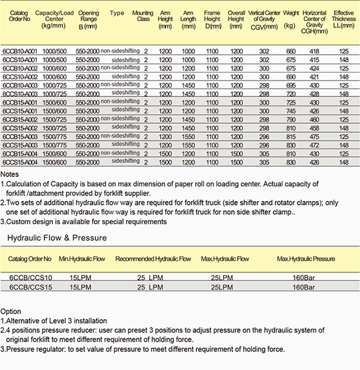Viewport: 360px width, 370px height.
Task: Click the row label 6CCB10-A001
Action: (20, 51)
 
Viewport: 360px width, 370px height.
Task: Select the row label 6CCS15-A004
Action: (20, 162)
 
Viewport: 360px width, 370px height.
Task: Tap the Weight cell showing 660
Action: (291, 51)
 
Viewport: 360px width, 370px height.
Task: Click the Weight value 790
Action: (291, 119)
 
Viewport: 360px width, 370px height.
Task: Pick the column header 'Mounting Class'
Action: (143, 15)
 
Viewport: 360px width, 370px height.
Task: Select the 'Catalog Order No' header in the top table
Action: (19, 15)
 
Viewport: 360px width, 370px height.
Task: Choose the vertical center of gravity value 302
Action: (264, 51)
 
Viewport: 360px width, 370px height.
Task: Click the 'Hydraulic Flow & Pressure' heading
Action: (57, 238)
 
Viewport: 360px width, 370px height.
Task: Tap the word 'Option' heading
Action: (11, 311)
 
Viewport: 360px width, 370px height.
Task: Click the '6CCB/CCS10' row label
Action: (30, 278)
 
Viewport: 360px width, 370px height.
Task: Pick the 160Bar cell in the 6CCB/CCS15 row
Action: (304, 287)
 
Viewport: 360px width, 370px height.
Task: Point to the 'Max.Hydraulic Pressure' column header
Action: (306, 259)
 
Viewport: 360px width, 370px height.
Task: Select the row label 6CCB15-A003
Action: (20, 136)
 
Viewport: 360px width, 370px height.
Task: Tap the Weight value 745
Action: (291, 111)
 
